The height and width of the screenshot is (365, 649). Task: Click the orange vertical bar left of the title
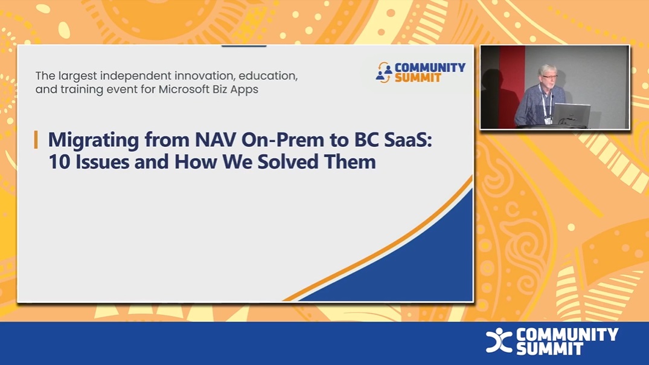[36, 140]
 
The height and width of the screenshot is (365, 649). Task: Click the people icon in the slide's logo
[383, 72]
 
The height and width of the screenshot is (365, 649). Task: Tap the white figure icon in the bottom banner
[499, 341]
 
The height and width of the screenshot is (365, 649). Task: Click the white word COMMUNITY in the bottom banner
[567, 334]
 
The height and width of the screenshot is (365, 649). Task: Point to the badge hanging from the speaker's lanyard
[548, 120]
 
